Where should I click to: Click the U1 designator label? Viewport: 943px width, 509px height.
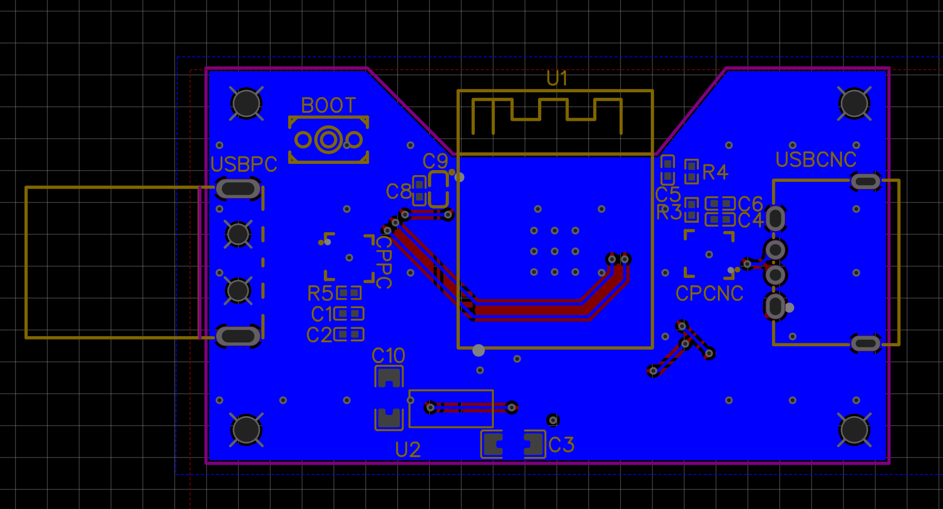point(557,78)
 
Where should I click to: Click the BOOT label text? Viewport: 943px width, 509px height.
point(328,105)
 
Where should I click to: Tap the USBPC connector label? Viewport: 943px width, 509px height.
point(244,164)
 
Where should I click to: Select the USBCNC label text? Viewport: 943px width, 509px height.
point(816,160)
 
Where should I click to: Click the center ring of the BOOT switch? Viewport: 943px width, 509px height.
point(328,139)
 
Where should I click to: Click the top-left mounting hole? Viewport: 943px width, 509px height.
point(246,103)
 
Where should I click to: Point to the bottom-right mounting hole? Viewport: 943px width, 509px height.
point(854,430)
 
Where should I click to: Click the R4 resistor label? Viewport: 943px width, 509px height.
point(715,172)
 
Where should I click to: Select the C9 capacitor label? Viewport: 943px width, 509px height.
point(435,162)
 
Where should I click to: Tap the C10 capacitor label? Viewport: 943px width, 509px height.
point(388,356)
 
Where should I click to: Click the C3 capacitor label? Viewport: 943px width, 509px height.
point(561,445)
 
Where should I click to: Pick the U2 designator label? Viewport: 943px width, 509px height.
point(408,450)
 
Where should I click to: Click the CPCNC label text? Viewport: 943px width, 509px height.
point(709,294)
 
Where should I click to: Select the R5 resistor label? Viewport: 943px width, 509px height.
point(320,294)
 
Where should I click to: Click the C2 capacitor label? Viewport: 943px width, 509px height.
point(319,335)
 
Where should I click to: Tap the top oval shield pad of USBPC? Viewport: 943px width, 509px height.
point(238,188)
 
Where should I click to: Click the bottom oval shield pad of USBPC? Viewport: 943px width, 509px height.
point(238,336)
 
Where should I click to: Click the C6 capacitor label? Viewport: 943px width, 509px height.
point(750,204)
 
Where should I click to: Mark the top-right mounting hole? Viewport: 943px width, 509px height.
point(854,103)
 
